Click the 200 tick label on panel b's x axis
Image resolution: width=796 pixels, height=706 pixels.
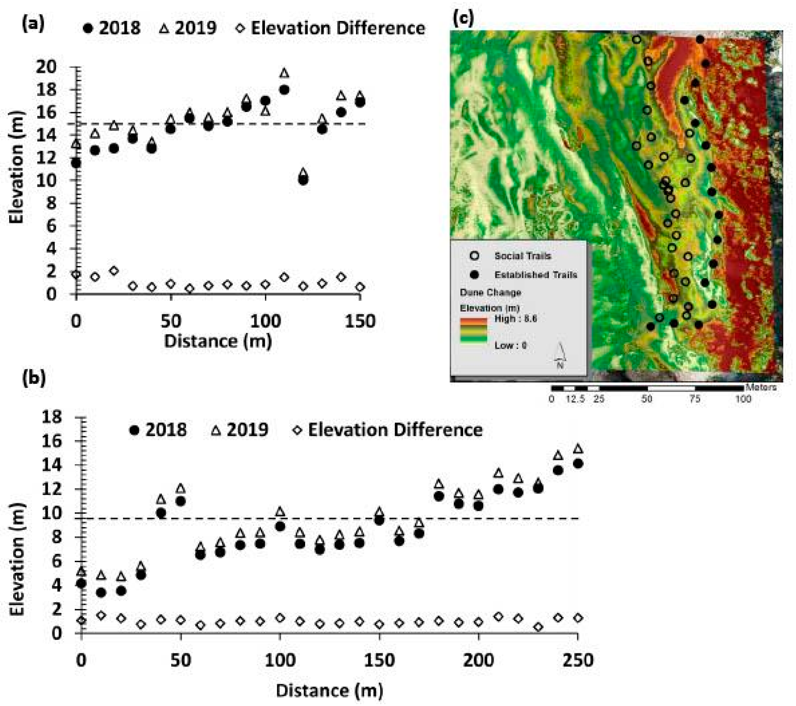tap(478, 660)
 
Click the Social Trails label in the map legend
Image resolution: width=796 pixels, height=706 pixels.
tap(523, 256)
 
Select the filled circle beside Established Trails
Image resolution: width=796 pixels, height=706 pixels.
tap(474, 275)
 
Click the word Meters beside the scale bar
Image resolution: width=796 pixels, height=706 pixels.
tap(761, 387)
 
